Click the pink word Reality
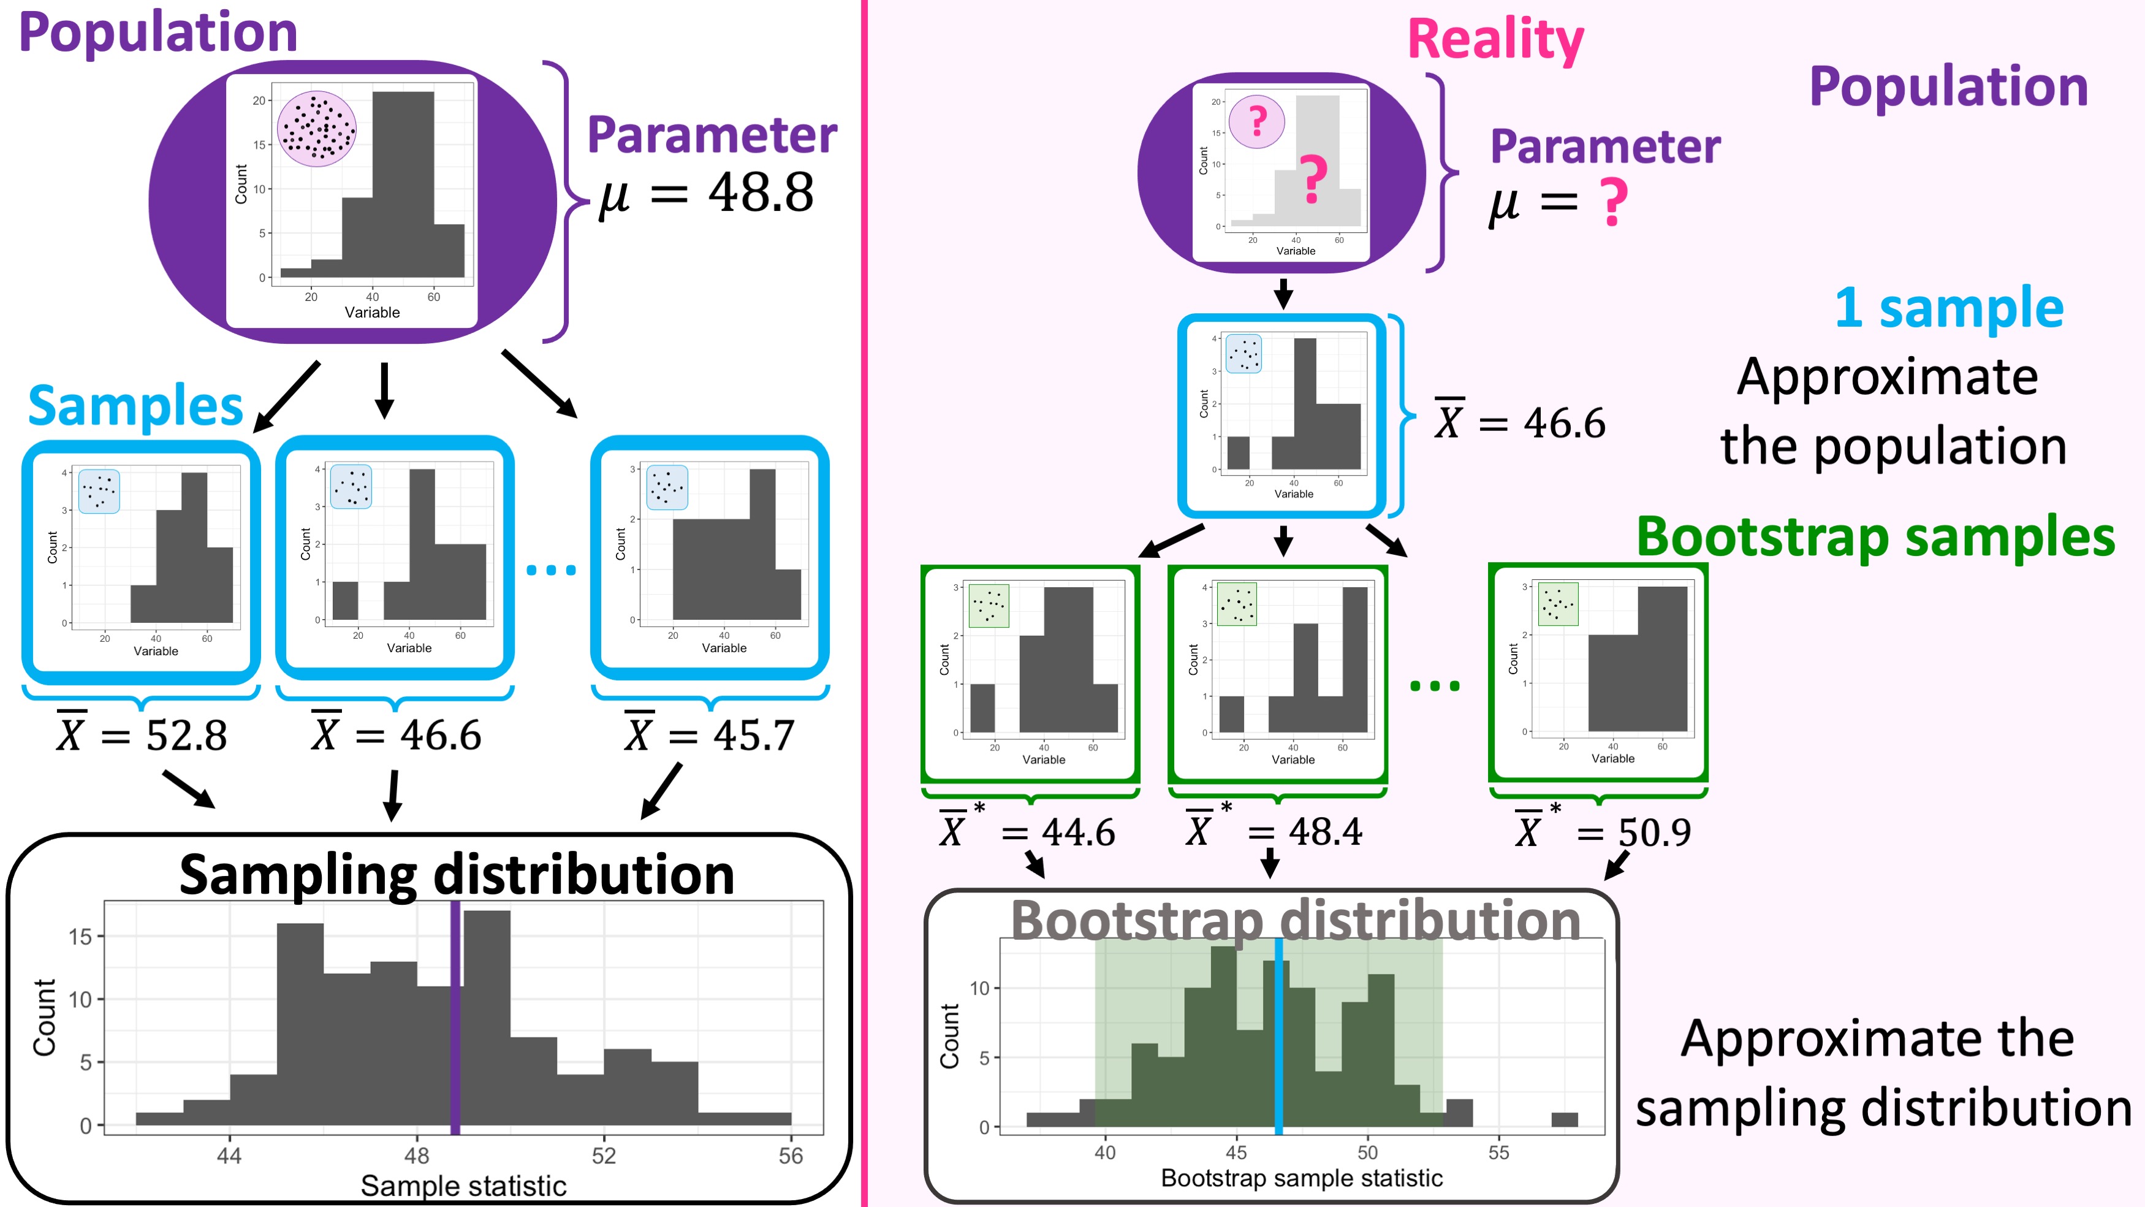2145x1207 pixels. [x=1495, y=39]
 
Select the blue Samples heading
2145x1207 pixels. [x=135, y=406]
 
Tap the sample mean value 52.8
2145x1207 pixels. [x=186, y=736]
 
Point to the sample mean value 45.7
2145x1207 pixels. [x=754, y=736]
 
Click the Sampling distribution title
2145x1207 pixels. [x=457, y=875]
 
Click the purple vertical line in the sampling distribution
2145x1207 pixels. [x=455, y=1018]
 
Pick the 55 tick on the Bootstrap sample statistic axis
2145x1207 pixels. [x=1498, y=1153]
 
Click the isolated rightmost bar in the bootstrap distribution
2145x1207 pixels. [x=1564, y=1119]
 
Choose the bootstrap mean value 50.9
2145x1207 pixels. [x=1655, y=832]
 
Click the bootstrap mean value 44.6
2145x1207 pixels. [x=1079, y=832]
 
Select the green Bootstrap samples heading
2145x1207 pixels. [x=1875, y=536]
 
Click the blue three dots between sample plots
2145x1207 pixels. [x=551, y=569]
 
